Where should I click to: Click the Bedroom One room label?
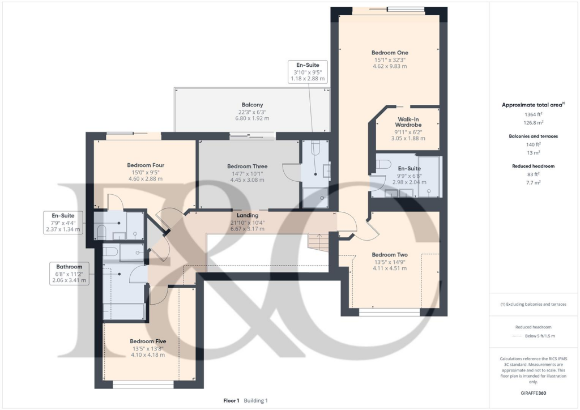click(x=390, y=53)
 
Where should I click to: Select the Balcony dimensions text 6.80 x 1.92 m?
click(x=252, y=118)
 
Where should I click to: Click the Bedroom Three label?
click(x=247, y=166)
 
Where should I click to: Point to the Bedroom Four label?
click(x=146, y=165)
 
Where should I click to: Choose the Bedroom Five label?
click(x=148, y=341)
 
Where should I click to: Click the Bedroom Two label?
click(x=389, y=255)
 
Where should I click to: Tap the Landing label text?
click(x=248, y=215)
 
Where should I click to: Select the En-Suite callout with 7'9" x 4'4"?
click(x=63, y=223)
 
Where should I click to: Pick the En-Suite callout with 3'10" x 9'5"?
click(x=308, y=72)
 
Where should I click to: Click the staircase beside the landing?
click(x=318, y=243)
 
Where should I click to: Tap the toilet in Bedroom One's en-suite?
click(x=383, y=164)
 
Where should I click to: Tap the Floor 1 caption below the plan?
click(x=232, y=400)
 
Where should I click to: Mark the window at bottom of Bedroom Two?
click(x=389, y=311)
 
